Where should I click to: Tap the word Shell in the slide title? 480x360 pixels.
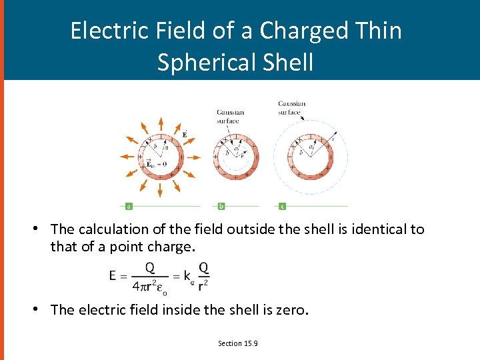pyautogui.click(x=287, y=62)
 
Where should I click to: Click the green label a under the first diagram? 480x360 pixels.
pyautogui.click(x=128, y=205)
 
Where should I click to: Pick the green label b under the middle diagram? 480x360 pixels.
pyautogui.click(x=221, y=205)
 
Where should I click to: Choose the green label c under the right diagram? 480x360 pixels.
pyautogui.click(x=283, y=205)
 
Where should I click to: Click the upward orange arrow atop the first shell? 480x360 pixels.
pyautogui.click(x=160, y=124)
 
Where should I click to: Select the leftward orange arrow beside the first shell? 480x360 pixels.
pyautogui.click(x=127, y=157)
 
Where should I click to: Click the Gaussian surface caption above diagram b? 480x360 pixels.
pyautogui.click(x=230, y=116)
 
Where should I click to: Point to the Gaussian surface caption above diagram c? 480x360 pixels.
pyautogui.click(x=291, y=108)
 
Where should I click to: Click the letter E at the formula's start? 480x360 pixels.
pyautogui.click(x=113, y=275)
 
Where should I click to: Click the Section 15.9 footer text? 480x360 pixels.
pyautogui.click(x=238, y=343)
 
